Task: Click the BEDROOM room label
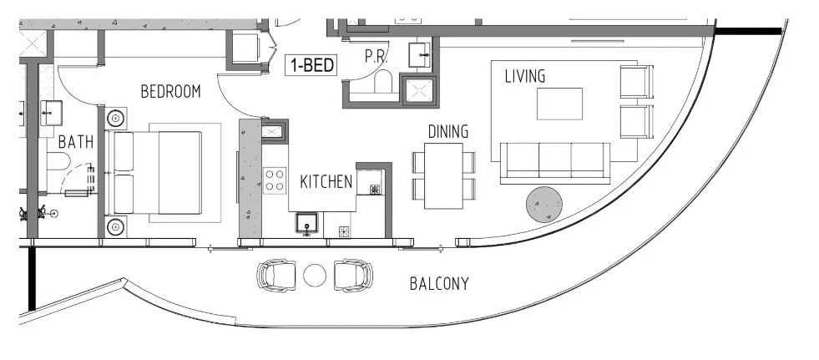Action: pos(170,92)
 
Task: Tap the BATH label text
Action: pos(74,142)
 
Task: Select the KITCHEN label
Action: pos(326,181)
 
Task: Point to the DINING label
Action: pos(447,132)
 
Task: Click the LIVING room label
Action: pos(524,77)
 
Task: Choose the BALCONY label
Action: pos(438,284)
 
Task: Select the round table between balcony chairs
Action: pos(316,275)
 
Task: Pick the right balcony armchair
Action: pos(353,274)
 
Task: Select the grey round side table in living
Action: pos(543,204)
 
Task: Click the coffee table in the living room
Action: pos(559,104)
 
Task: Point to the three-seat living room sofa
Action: pos(554,161)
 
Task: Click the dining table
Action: pos(443,176)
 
